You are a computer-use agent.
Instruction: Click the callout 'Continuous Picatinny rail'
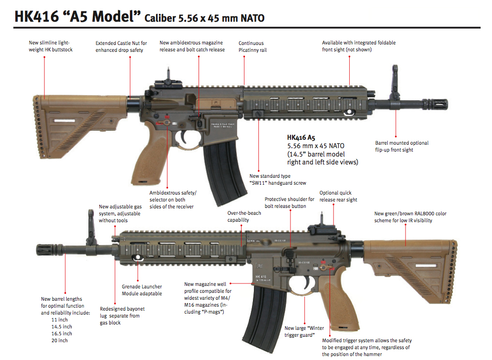pyautogui.click(x=251, y=46)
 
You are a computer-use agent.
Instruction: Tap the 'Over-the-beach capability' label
pyautogui.click(x=244, y=216)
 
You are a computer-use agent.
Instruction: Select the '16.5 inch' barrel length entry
pyautogui.click(x=61, y=333)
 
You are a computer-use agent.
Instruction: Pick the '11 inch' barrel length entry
pyautogui.click(x=60, y=320)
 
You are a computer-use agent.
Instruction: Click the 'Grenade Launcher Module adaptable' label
pyautogui.click(x=142, y=290)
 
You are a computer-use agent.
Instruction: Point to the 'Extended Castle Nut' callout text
pyautogui.click(x=121, y=46)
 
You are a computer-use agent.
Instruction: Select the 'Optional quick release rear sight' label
pyautogui.click(x=338, y=196)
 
